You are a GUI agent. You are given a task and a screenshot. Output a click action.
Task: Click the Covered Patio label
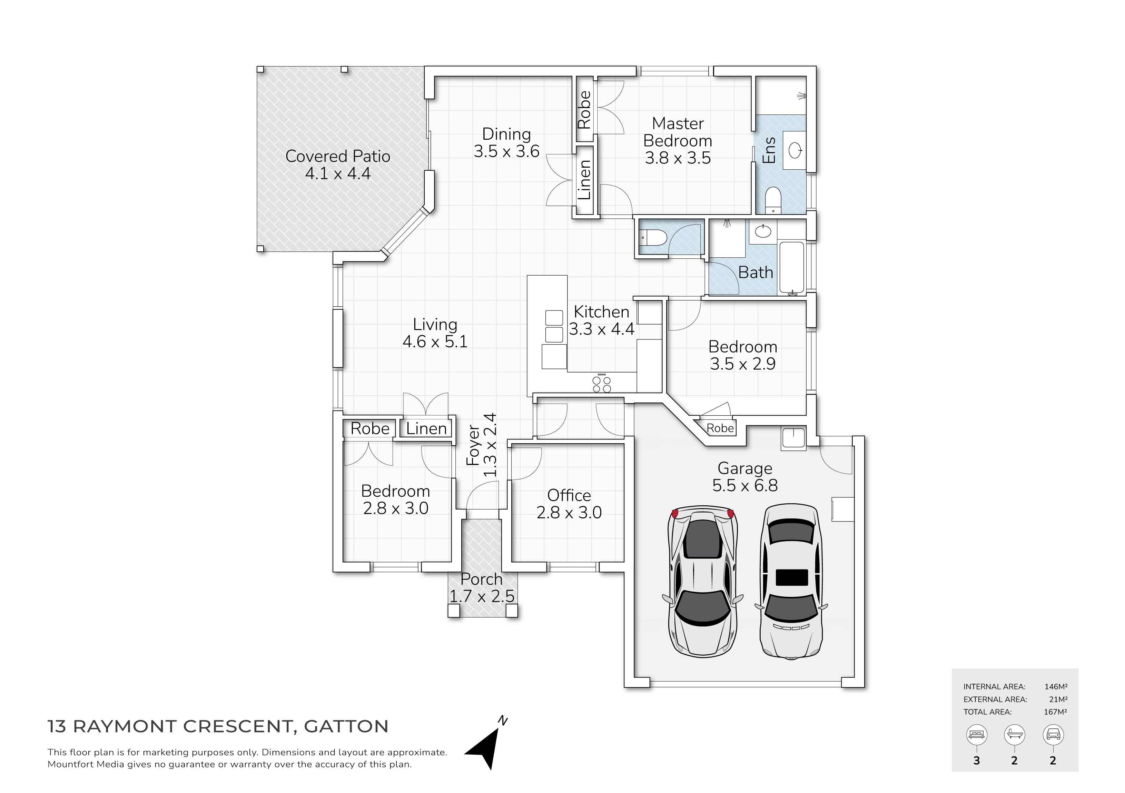point(338,156)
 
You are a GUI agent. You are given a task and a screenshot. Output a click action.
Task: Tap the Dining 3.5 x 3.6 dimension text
point(507,151)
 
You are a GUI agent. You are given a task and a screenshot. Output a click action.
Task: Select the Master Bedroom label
point(678,132)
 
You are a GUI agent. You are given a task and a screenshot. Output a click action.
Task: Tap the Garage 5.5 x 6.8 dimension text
point(745,485)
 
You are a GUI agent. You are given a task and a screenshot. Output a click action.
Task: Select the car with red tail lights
point(703,582)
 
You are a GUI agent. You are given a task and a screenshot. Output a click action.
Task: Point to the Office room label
point(569,495)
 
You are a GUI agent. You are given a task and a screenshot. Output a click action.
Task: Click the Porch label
point(482,579)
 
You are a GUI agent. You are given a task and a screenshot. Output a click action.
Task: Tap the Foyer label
point(473,445)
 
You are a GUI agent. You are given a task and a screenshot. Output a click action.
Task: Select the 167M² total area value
point(1055,712)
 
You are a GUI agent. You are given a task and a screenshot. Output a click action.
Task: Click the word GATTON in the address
point(346,726)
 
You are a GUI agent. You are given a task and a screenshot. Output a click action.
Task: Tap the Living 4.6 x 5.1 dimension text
point(435,341)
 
